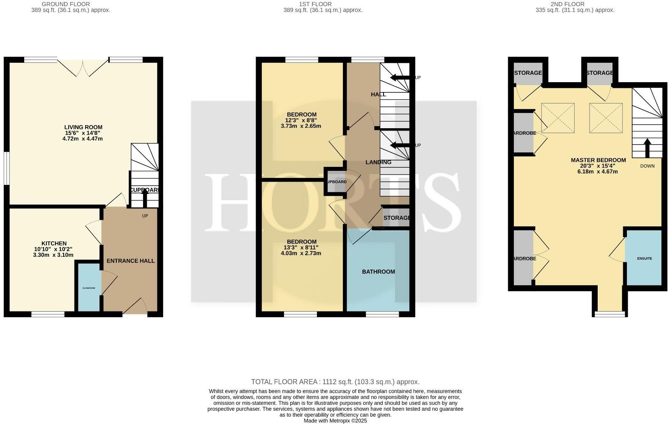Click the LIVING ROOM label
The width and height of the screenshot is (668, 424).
[83, 127]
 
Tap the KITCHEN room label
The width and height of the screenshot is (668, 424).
[53, 244]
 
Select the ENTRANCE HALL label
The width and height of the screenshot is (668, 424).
[131, 261]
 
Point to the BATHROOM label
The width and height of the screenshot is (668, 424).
[378, 272]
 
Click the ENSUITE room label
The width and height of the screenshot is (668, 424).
[644, 258]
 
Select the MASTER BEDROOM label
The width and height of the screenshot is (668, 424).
[598, 160]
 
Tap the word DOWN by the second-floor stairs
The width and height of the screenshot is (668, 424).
[647, 166]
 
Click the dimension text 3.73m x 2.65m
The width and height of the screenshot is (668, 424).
[300, 126]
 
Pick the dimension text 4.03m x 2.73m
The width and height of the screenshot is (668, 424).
[300, 253]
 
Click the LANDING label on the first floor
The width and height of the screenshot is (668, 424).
[378, 162]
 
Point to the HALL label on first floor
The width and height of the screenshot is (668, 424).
[378, 94]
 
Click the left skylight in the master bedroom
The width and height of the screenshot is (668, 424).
[557, 118]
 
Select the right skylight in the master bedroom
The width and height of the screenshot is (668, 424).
[606, 118]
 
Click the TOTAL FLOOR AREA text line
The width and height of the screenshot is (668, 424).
[335, 382]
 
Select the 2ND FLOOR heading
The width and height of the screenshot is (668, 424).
[574, 4]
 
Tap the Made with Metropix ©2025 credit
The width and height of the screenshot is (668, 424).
[335, 421]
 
